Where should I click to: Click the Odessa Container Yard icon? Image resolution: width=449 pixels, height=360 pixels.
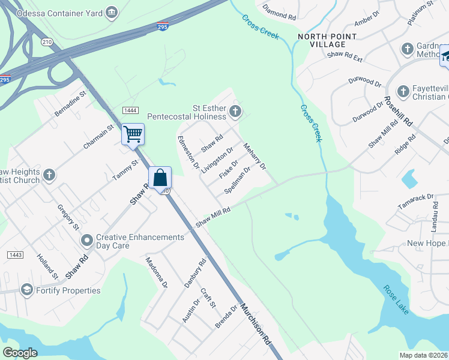coord(111,13)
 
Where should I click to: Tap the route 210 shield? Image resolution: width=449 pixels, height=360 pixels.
coord(47,42)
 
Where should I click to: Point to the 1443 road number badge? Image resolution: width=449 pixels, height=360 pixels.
coord(15,255)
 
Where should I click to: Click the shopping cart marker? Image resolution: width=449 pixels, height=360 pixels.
coord(133,134)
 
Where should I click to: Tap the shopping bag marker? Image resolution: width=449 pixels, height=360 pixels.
coord(160,178)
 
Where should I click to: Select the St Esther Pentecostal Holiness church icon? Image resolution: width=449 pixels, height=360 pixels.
coord(235,111)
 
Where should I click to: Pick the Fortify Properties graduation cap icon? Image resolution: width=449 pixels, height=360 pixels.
coord(26,290)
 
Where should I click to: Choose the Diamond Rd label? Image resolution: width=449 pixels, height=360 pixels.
coord(279,14)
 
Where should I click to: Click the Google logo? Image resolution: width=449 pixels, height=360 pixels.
coord(20,353)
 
